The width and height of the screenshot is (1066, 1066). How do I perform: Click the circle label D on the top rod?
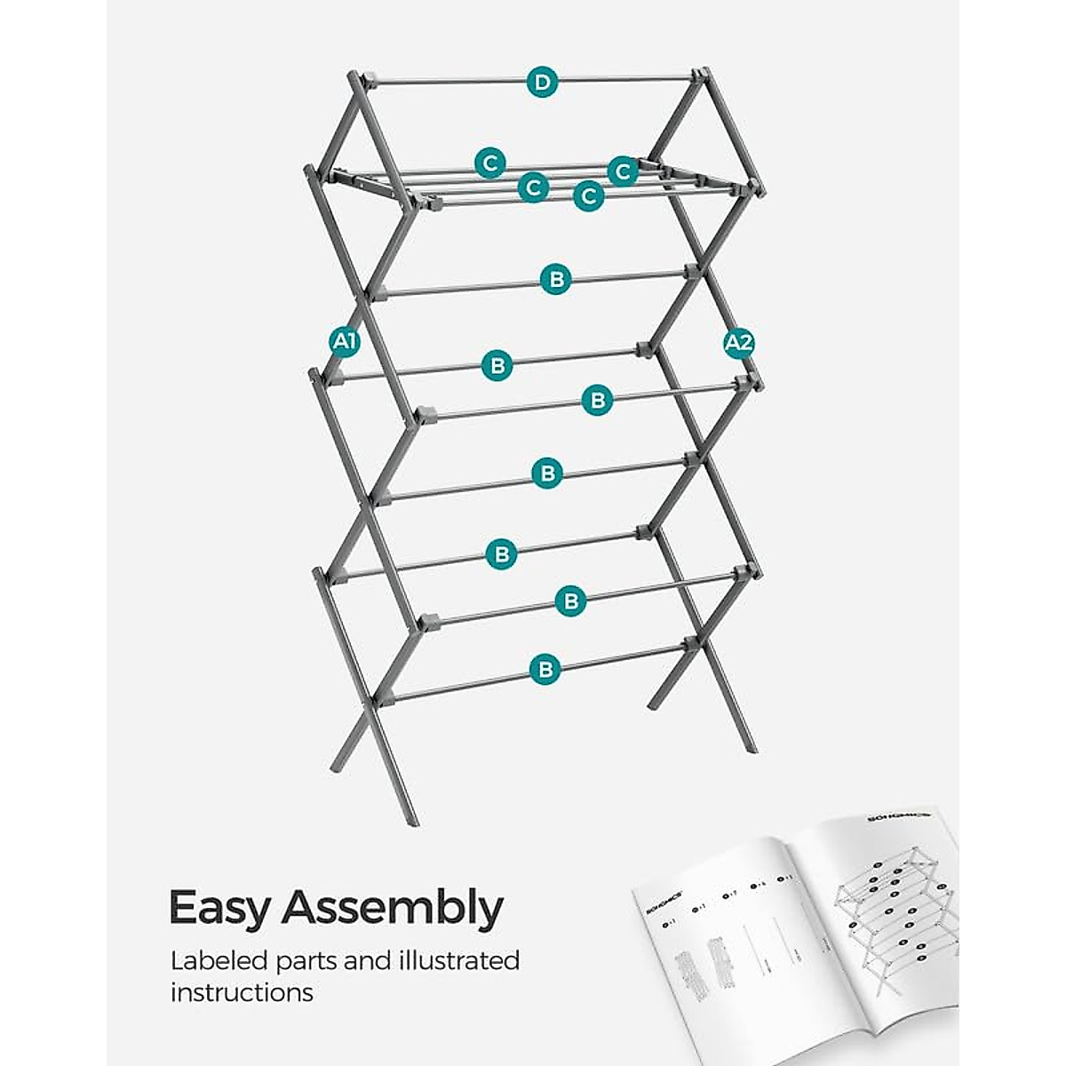point(542,83)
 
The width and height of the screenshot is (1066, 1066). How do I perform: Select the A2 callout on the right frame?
point(739,344)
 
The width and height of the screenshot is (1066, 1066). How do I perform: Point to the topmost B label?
point(556,280)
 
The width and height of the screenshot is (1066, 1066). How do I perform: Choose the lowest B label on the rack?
point(545,669)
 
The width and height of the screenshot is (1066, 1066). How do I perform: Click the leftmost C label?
point(489,163)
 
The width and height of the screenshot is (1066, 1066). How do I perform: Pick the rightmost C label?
point(623,170)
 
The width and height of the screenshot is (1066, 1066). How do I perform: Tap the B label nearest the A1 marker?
point(498,365)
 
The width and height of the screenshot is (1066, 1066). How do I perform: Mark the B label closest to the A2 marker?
point(598,400)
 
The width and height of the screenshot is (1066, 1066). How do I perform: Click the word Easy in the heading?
point(222,908)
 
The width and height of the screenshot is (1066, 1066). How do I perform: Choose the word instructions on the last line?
point(242,992)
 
